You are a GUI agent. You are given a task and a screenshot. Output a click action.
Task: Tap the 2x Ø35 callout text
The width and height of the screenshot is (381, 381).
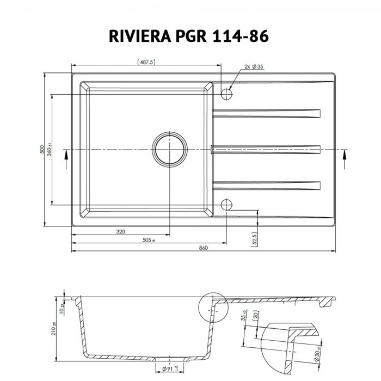point(254,66)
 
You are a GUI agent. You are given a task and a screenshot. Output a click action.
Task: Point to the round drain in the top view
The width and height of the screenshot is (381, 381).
point(169,149)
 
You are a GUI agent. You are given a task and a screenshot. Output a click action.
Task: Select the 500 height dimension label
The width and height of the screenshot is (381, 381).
point(42,150)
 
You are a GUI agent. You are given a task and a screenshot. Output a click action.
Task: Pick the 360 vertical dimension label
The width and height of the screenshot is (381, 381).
point(49,150)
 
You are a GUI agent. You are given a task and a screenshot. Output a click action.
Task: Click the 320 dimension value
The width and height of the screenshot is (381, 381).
point(120,232)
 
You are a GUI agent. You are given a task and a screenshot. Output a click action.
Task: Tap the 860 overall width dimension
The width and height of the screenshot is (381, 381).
point(204,248)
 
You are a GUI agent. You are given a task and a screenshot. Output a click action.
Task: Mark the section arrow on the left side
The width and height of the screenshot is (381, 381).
point(66,155)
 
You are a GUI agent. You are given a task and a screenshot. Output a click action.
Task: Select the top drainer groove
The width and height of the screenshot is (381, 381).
point(267,113)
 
